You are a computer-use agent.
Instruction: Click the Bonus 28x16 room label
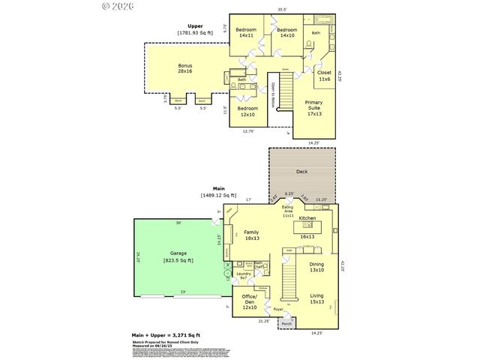[184, 68]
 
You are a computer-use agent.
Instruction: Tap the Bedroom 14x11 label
[247, 32]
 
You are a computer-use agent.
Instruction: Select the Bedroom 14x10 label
[287, 32]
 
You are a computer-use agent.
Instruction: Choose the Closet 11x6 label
[325, 75]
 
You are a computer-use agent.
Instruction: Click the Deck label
[301, 172]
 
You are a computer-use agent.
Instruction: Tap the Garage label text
[178, 253]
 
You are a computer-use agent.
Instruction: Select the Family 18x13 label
[250, 235]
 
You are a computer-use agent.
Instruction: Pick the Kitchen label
[307, 218]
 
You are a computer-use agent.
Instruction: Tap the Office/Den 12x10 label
[249, 304]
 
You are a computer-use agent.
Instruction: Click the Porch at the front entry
[286, 324]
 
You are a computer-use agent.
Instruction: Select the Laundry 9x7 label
[244, 276]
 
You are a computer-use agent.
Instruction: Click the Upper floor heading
[195, 26]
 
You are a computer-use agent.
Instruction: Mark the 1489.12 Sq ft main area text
[218, 196]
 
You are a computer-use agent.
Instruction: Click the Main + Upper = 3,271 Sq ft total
[166, 334]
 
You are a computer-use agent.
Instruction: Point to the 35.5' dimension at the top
[282, 10]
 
